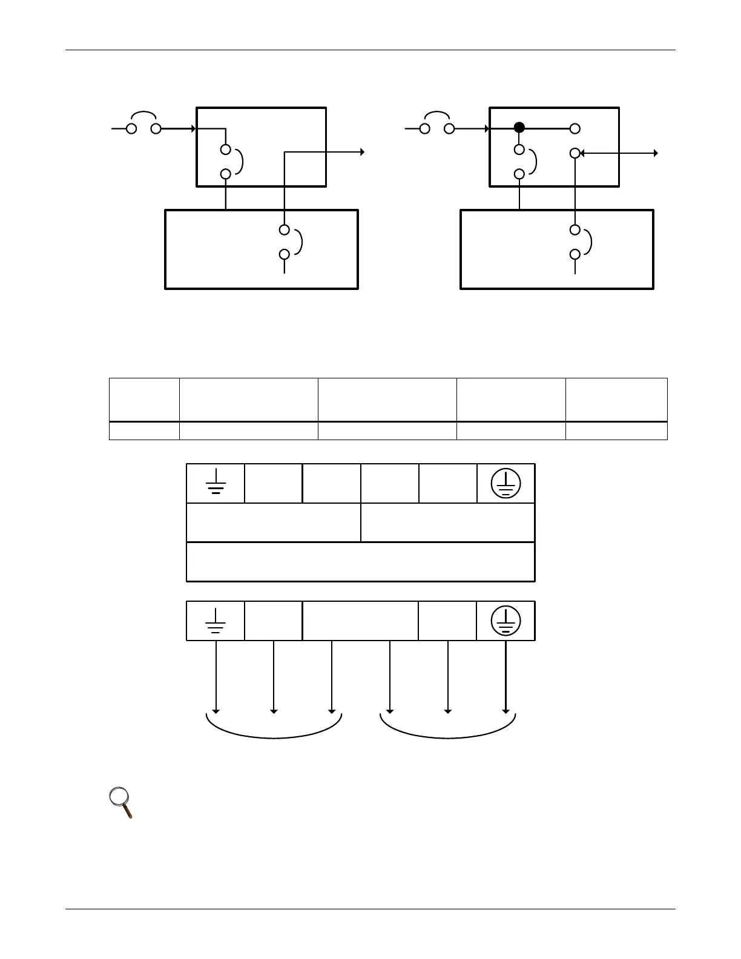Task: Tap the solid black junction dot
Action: [x=519, y=128]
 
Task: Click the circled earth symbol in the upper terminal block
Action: [x=506, y=484]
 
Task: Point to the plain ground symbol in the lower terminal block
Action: [x=216, y=621]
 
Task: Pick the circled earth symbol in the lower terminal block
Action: [x=506, y=621]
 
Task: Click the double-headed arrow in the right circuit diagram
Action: [x=618, y=153]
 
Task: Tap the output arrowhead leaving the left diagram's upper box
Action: [x=361, y=153]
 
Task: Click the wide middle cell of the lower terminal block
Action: [x=360, y=621]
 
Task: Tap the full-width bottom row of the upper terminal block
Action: [x=360, y=562]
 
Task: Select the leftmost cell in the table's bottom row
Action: [x=144, y=430]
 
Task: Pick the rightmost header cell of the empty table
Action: [x=616, y=400]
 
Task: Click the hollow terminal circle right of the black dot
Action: [x=575, y=128]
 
